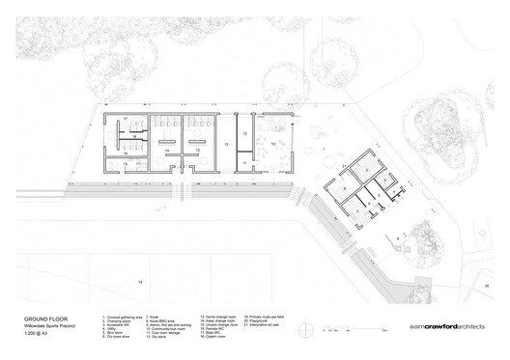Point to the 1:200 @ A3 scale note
(x=32, y=333)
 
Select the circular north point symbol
(x=310, y=329)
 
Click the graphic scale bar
(x=341, y=329)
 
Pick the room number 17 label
(x=124, y=120)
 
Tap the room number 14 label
(x=167, y=151)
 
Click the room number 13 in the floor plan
(x=225, y=143)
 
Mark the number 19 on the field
(x=139, y=281)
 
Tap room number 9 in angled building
(x=343, y=185)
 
